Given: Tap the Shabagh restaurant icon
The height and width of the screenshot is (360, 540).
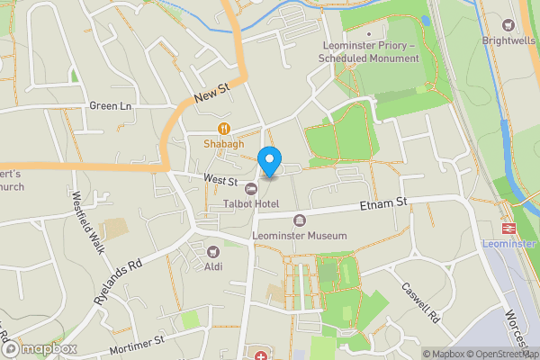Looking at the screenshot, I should pyautogui.click(x=224, y=128).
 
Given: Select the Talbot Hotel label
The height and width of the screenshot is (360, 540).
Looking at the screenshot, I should pyautogui.click(x=251, y=203).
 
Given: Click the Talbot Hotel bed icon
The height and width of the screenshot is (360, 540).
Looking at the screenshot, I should pyautogui.click(x=251, y=188).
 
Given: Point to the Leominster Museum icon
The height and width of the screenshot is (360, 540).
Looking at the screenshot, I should pyautogui.click(x=300, y=220).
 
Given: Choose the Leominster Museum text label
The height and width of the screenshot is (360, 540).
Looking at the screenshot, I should pyautogui.click(x=300, y=236).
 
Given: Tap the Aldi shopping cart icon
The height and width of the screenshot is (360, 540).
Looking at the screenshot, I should pyautogui.click(x=213, y=252).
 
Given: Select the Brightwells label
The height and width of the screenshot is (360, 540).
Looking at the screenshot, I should pyautogui.click(x=508, y=41).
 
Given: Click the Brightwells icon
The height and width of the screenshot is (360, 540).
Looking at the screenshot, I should pyautogui.click(x=508, y=26).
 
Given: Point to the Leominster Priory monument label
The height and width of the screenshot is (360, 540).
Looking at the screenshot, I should pyautogui.click(x=369, y=52).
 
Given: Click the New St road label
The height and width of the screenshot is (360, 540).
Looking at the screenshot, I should pyautogui.click(x=212, y=93).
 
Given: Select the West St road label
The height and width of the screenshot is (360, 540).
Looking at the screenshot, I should pyautogui.click(x=219, y=181).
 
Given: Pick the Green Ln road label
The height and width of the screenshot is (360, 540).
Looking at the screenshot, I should pyautogui.click(x=110, y=106).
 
